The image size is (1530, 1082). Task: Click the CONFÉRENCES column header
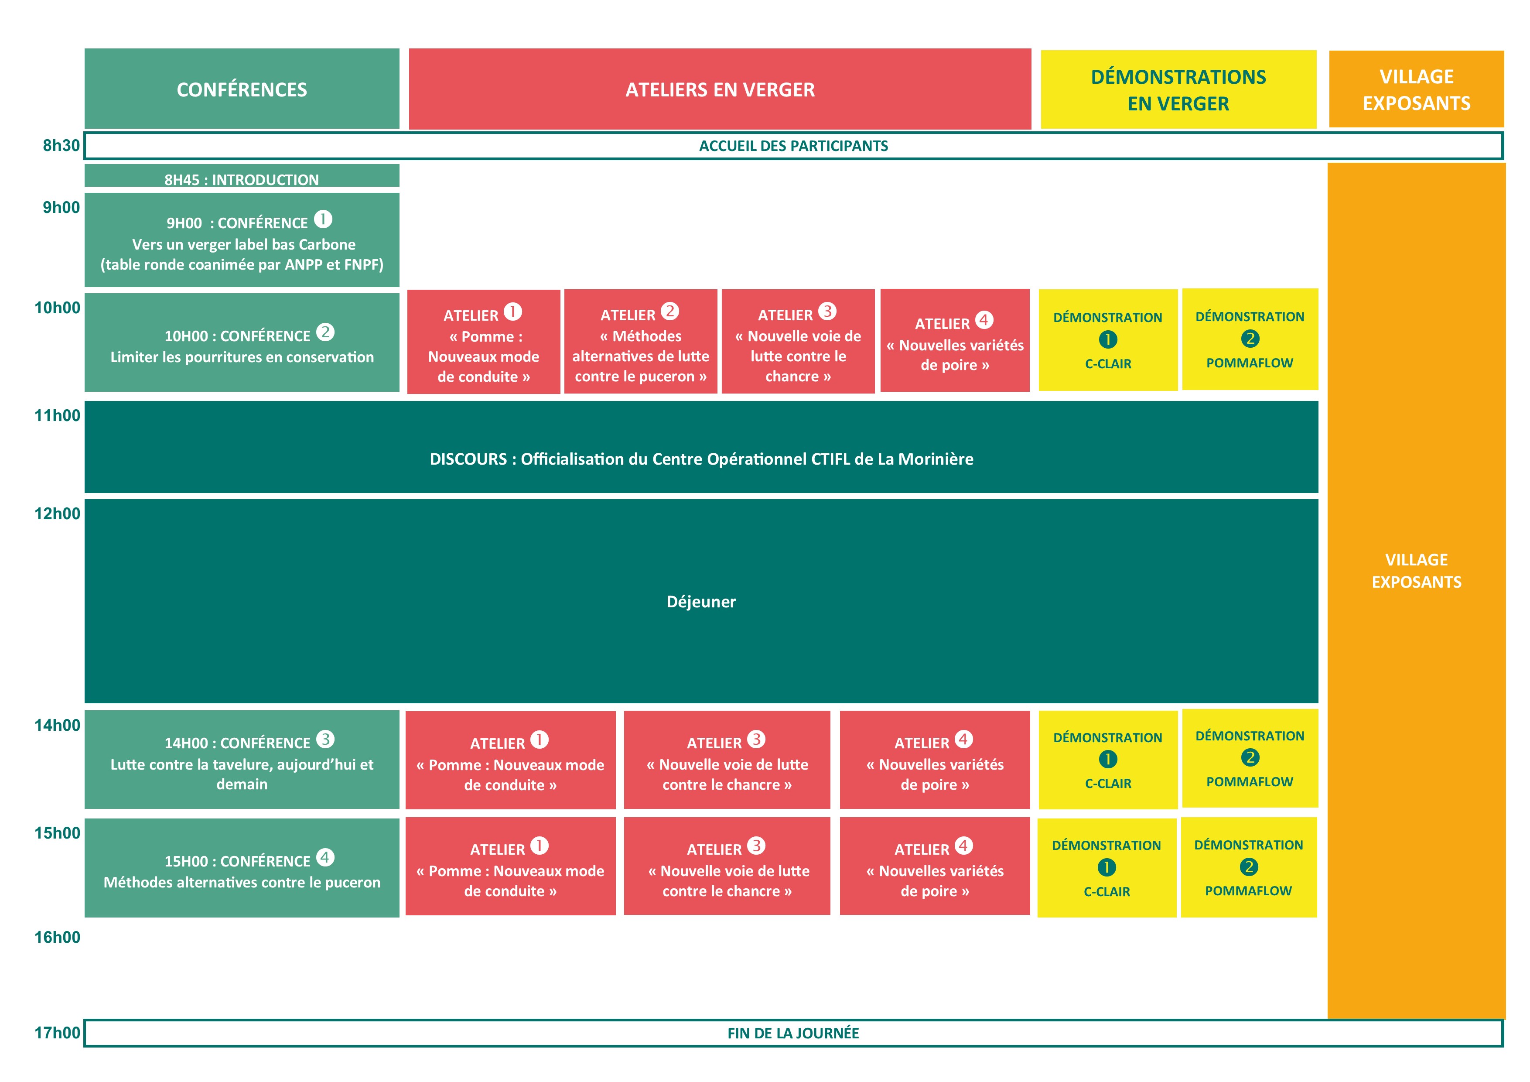coord(242,89)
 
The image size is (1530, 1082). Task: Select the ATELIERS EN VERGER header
coord(720,89)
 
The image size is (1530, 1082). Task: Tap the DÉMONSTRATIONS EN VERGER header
coord(1178,89)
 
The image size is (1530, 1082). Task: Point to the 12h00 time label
coord(57,514)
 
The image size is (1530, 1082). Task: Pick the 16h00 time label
coord(57,937)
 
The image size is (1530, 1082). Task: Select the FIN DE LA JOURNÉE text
coord(793,1033)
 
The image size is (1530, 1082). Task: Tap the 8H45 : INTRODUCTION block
coord(242,175)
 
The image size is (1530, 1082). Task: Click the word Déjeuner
coord(701,601)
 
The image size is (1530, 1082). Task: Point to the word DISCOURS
coord(468,459)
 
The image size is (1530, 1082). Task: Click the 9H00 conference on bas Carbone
coord(242,240)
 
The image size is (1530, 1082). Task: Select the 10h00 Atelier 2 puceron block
coord(640,341)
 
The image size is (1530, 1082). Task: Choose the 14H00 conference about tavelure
coord(242,759)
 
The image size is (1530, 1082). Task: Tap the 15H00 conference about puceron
coord(242,868)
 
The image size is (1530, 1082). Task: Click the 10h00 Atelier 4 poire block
coord(955,340)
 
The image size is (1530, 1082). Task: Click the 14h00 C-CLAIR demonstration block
coord(1107,759)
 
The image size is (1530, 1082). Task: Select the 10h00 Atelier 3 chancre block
coord(798,341)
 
